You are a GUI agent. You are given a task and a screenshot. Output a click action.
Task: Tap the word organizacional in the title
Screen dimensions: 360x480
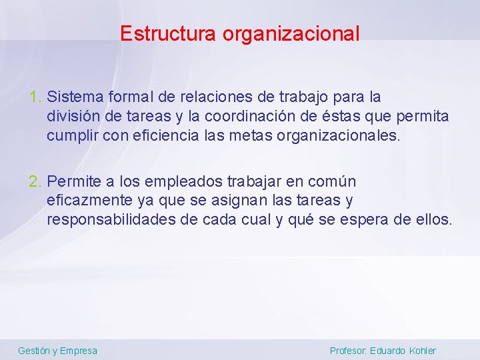pyautogui.click(x=291, y=33)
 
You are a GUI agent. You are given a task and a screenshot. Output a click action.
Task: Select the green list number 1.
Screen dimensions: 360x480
pyautogui.click(x=35, y=97)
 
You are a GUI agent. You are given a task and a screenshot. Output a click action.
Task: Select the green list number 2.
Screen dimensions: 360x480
pyautogui.click(x=35, y=181)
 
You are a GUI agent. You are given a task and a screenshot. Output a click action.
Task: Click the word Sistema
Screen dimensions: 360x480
pyautogui.click(x=72, y=97)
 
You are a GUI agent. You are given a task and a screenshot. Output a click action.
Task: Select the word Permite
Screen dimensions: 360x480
pyautogui.click(x=74, y=181)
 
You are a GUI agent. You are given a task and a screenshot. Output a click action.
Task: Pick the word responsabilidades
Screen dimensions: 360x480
pyautogui.click(x=111, y=219)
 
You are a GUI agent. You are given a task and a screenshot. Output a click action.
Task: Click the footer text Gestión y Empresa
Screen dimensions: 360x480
pyautogui.click(x=57, y=351)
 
